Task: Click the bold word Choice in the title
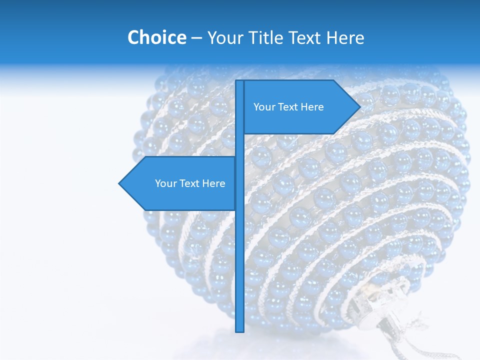[156, 37]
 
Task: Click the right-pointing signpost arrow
[300, 107]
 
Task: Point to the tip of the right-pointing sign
[359, 106]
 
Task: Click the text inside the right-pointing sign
[288, 107]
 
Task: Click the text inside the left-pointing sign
[190, 183]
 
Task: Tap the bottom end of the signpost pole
[239, 330]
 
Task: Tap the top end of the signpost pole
[239, 82]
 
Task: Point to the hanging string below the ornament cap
[395, 340]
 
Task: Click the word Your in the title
[225, 37]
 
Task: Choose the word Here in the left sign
[213, 183]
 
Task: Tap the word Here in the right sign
[312, 107]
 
